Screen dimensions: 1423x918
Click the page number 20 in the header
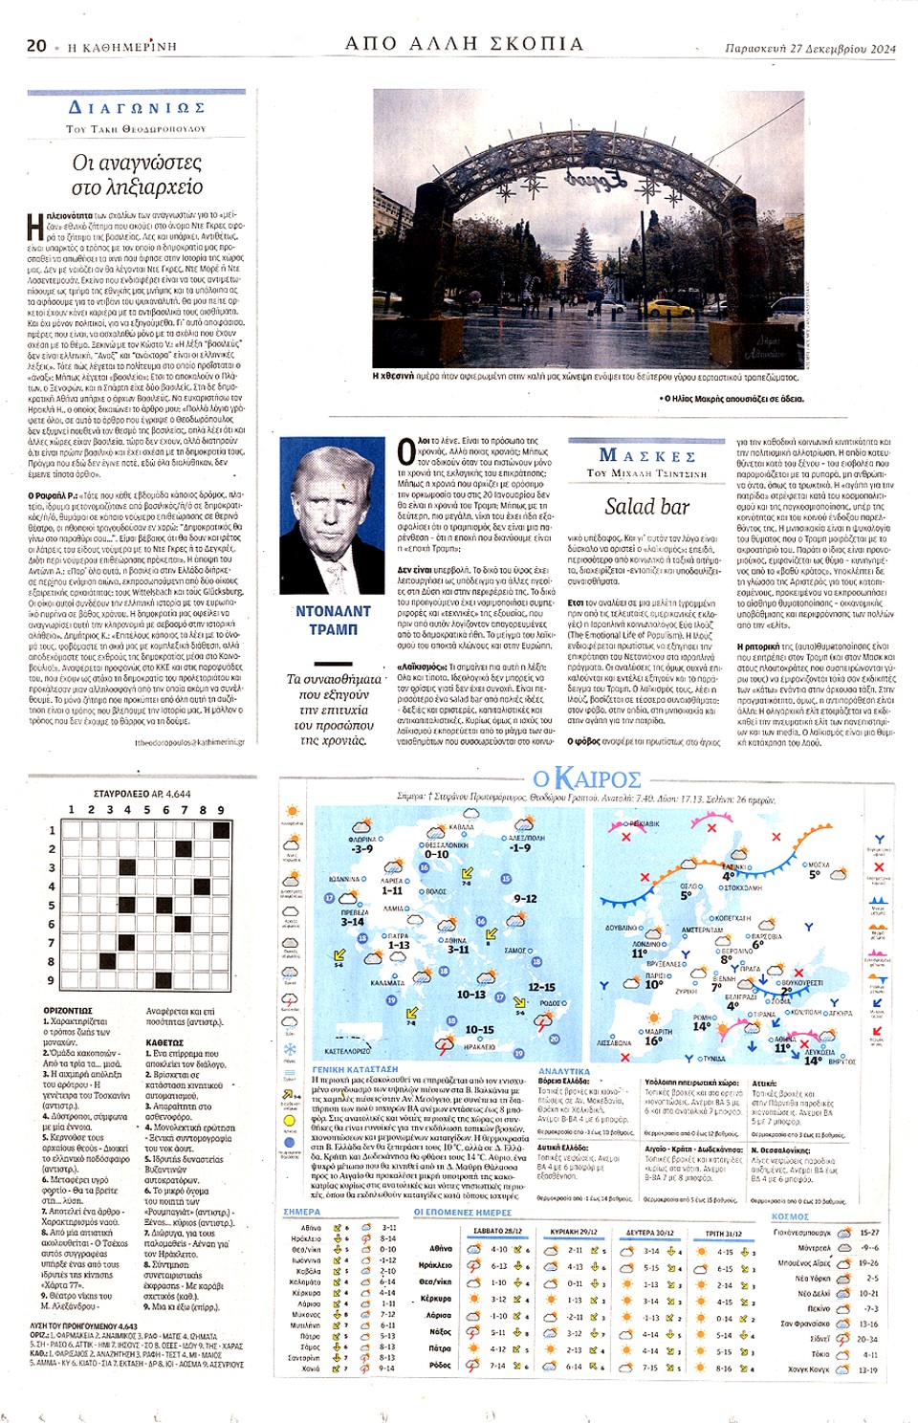click(36, 45)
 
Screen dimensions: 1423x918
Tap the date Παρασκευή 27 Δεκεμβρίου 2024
click(810, 48)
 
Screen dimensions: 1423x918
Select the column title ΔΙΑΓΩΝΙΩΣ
click(137, 108)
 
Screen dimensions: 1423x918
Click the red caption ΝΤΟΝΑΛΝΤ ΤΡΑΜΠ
click(333, 620)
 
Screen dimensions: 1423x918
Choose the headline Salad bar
click(646, 507)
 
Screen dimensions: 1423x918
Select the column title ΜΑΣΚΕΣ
click(647, 455)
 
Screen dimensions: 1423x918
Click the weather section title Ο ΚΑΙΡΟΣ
click(586, 778)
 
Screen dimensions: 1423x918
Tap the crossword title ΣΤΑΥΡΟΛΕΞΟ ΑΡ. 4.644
click(142, 794)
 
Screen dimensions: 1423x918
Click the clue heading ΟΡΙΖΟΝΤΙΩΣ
click(68, 1011)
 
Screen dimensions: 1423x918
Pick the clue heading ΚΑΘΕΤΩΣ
click(164, 1042)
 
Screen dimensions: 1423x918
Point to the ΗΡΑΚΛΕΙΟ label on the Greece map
click(479, 1047)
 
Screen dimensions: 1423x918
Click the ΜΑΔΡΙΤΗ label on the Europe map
click(658, 1032)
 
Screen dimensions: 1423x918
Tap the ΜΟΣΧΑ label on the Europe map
click(818, 864)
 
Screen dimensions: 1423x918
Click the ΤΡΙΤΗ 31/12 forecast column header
click(724, 1233)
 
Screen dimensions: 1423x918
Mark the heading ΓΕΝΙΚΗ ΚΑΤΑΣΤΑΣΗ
click(355, 1069)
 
